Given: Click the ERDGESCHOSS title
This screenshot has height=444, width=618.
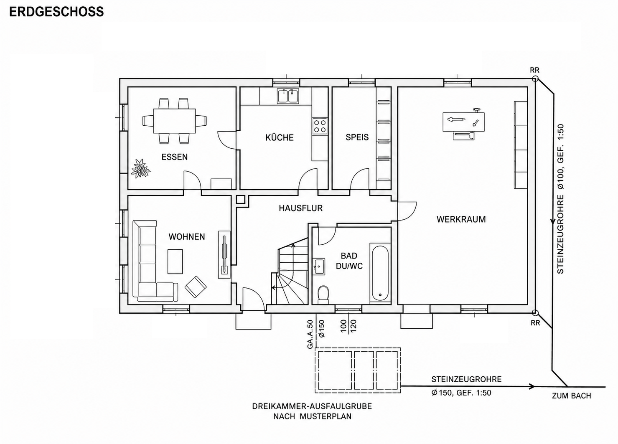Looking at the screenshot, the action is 56,12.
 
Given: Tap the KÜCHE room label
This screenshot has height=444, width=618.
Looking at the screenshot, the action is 280,137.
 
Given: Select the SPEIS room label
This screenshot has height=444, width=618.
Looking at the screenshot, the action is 357,137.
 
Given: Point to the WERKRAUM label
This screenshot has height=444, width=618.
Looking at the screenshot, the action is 461,219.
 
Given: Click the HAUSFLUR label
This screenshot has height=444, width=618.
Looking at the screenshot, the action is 301,208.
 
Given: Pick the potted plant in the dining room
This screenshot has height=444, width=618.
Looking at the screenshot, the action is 141,168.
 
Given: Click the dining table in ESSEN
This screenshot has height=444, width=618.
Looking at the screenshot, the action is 174,121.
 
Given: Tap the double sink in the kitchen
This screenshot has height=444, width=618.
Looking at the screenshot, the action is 288,96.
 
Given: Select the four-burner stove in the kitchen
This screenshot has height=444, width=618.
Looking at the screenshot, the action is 320,126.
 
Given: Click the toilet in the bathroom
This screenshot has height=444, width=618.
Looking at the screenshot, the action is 323,294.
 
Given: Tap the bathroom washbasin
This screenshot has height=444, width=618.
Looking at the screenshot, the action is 319,266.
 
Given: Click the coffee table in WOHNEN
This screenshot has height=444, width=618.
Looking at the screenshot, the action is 175,261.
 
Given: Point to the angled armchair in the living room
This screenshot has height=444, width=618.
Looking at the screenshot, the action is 196,287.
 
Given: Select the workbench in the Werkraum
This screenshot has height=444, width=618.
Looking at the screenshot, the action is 463,122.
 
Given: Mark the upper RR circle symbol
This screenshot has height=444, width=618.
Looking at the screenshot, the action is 535,79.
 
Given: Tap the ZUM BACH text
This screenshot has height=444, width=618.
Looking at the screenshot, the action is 571,396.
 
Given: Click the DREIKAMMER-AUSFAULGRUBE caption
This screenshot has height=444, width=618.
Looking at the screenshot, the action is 312,406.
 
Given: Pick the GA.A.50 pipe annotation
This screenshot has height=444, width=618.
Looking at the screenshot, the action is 310,334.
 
